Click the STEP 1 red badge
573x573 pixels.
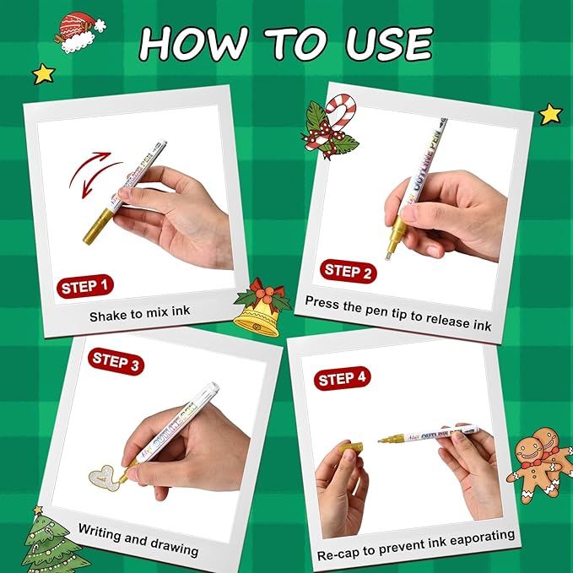pyautogui.click(x=85, y=286)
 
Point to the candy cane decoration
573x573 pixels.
pyautogui.click(x=332, y=127)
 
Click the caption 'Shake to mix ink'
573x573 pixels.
pyautogui.click(x=140, y=313)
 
